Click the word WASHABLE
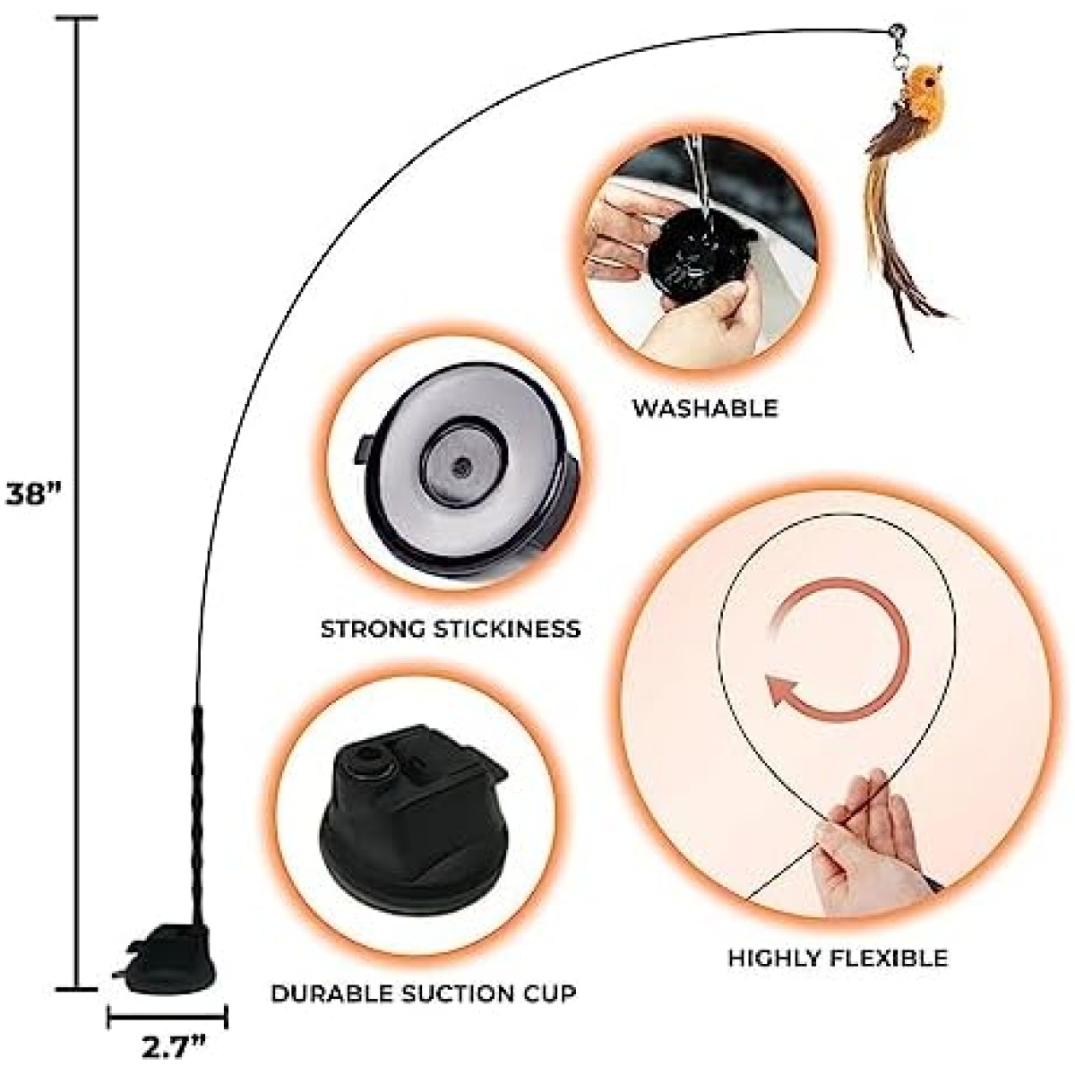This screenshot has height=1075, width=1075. tap(705, 408)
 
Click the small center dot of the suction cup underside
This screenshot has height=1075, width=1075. tap(461, 467)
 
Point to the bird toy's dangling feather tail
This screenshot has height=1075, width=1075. tap(901, 223)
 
